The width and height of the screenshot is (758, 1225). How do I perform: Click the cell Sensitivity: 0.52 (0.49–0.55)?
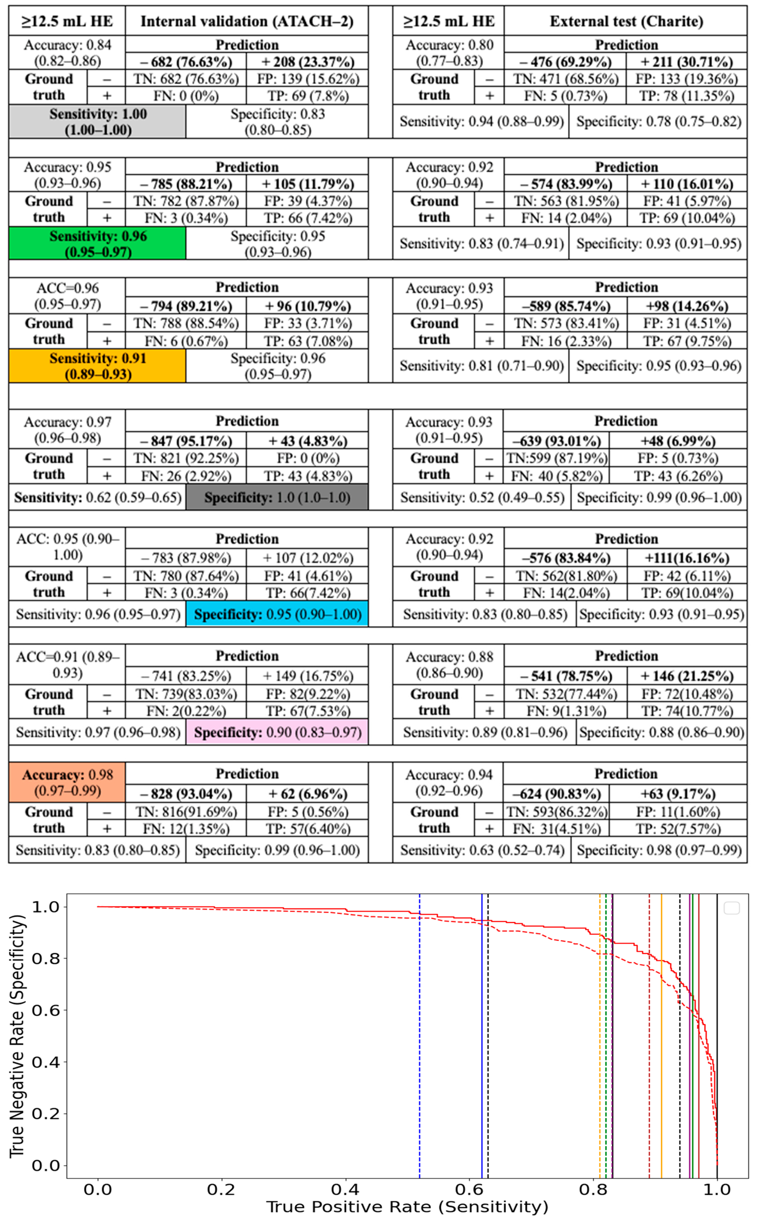pyautogui.click(x=482, y=498)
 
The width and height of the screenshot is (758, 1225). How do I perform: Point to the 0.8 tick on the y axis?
pyautogui.click(x=45, y=958)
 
